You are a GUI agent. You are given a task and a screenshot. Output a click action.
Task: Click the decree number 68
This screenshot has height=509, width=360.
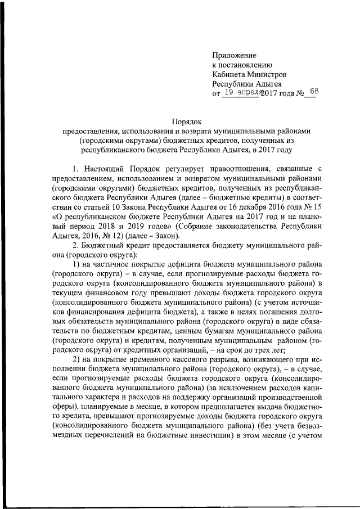pos(313,92)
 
